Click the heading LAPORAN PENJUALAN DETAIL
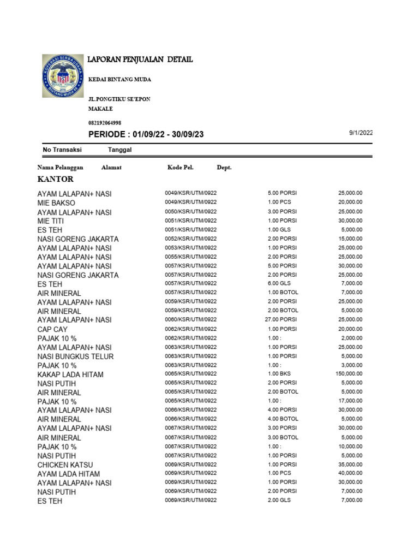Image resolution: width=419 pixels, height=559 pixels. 141,60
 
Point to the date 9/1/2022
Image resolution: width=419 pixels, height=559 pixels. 361,133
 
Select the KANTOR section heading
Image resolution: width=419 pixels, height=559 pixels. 56,179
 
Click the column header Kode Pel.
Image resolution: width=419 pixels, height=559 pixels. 180,168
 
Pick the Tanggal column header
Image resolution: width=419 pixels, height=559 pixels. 119,150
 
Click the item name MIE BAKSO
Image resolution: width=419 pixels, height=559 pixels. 56,203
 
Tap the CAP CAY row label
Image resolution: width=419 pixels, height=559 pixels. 53,329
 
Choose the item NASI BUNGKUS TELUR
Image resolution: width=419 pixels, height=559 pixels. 75,356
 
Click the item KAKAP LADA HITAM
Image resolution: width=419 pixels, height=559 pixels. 70,374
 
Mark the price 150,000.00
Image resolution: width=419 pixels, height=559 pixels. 349,373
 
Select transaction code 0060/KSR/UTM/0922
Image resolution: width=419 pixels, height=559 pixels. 191,319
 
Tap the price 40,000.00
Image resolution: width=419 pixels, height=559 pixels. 350,473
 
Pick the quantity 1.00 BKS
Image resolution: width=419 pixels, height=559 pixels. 278,373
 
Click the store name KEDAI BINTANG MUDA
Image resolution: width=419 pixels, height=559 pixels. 119,80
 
